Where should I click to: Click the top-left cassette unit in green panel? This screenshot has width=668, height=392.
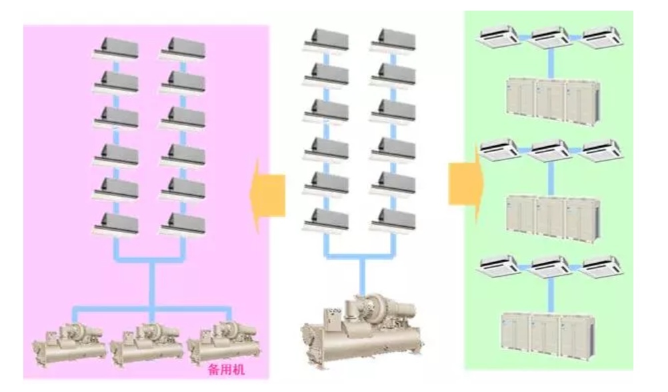[498, 37]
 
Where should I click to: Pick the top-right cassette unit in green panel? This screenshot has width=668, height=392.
[601, 37]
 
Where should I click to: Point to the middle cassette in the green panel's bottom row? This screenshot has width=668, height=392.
[550, 266]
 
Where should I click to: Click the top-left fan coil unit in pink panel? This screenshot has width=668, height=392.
[117, 47]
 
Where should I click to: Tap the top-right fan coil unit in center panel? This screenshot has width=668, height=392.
[393, 40]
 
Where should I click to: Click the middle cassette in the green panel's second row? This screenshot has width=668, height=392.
[550, 150]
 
